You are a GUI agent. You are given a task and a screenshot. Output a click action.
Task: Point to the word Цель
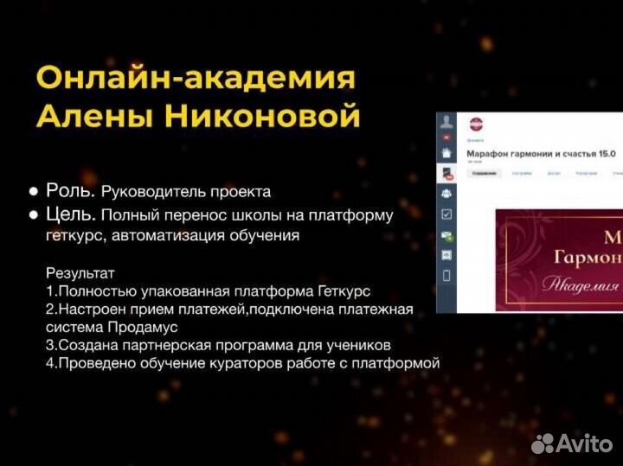tap(72, 214)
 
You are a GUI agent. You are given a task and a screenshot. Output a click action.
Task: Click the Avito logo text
tap(585, 443)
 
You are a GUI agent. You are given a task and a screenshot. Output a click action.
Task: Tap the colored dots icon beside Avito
tap(543, 444)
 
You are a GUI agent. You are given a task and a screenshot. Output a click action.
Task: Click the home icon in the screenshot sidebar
tap(446, 153)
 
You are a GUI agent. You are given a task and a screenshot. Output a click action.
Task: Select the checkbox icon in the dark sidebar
tap(446, 214)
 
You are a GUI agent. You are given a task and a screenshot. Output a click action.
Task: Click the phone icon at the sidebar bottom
tap(446, 276)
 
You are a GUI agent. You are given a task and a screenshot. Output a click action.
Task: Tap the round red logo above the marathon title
tap(476, 124)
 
